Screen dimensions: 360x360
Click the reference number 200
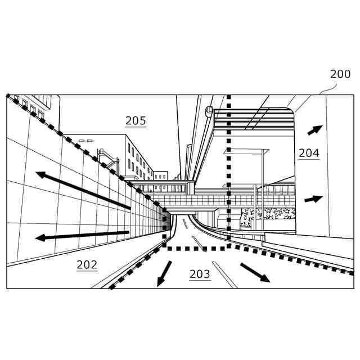coord(340,74)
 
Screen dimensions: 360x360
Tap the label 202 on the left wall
coord(87,264)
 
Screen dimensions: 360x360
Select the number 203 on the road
coord(200,274)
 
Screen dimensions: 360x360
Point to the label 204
coord(309,152)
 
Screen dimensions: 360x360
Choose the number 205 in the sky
coord(136,120)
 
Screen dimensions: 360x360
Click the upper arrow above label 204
coord(315,130)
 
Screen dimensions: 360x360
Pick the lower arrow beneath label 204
coord(313,199)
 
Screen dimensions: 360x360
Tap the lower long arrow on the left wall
coord(82,235)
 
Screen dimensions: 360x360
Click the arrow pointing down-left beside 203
coord(164,272)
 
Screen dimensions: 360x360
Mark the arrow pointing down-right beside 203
coord(255,272)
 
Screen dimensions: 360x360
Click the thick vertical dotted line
coord(228,169)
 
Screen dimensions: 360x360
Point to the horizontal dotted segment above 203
coord(197,247)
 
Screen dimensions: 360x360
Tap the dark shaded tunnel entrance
coord(166,221)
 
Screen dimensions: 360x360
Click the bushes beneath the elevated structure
coord(268,216)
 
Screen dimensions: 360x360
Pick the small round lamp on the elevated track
coord(209,111)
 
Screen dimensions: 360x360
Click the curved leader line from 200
coord(327,89)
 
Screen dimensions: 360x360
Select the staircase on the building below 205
coord(107,158)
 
